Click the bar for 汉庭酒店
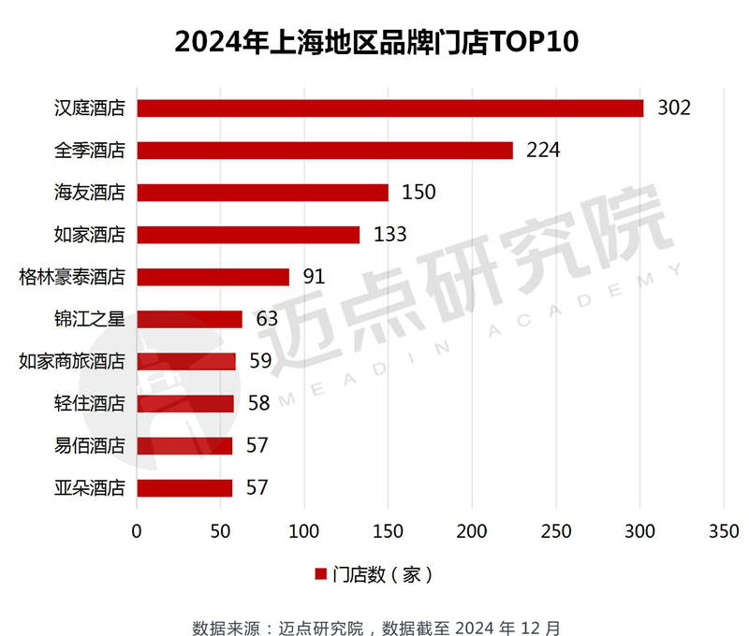click(390, 108)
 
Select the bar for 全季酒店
click(325, 151)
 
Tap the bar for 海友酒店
click(263, 193)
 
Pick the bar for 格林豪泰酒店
click(213, 277)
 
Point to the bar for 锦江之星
click(190, 319)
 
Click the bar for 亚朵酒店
click(184, 487)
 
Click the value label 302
click(674, 108)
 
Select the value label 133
click(390, 235)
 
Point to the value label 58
click(258, 403)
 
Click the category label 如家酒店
click(90, 235)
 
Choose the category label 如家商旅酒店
click(72, 361)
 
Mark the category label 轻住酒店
click(90, 403)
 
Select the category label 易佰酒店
click(90, 445)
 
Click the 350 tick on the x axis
click(724, 530)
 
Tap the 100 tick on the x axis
click(304, 530)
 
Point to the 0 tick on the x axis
click(138, 530)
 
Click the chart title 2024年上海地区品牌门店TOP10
click(374, 42)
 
